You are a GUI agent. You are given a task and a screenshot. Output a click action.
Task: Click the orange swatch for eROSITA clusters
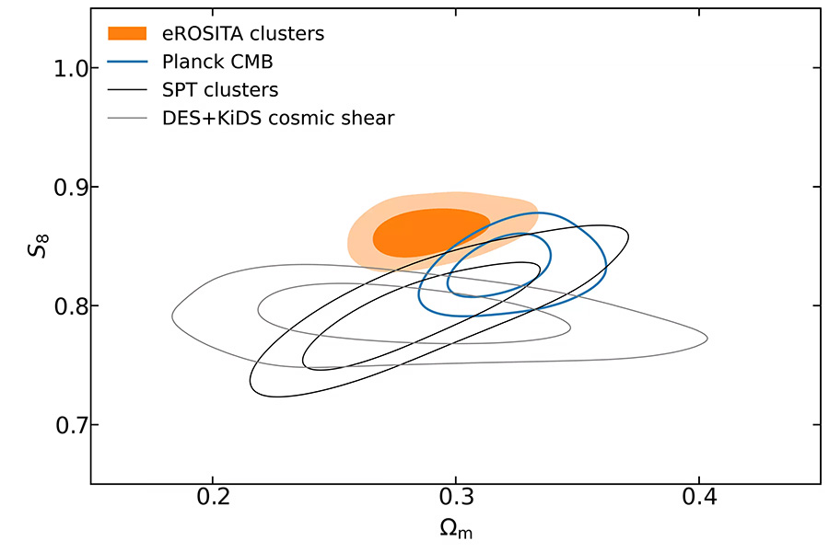(x=127, y=34)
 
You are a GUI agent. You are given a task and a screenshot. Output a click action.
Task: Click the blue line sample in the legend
(x=127, y=63)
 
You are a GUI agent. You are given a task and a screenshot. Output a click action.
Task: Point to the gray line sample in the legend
(x=127, y=118)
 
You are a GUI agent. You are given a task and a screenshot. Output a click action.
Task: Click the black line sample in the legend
(x=127, y=90)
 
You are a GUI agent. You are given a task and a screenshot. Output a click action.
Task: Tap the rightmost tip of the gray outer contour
(x=706, y=339)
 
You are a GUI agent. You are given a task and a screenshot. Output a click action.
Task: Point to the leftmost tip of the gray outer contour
(x=172, y=316)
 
